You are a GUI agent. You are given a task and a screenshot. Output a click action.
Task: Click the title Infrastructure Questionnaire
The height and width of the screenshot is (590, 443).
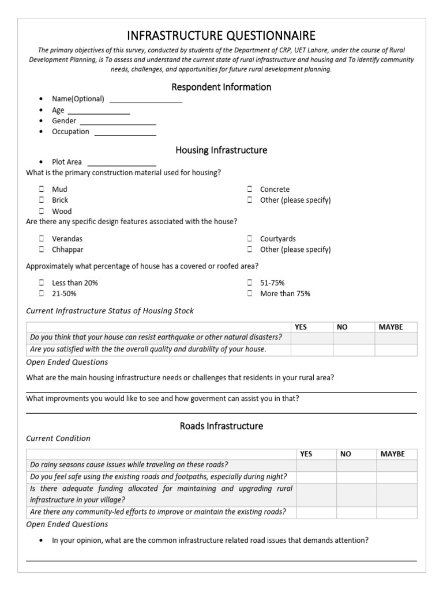click(221, 36)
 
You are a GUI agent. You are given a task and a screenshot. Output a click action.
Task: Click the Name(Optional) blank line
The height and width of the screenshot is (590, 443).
click(145, 100)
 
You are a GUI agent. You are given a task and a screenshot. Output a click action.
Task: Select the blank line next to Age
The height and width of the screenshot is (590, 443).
click(99, 111)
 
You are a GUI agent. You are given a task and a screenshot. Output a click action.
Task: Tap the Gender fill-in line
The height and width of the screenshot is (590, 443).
click(118, 122)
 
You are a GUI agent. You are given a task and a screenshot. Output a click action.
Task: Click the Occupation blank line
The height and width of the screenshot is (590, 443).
click(125, 133)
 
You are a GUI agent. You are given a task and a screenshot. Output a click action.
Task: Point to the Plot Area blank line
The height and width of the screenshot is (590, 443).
click(121, 163)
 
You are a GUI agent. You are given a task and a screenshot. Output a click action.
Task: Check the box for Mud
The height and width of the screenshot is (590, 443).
click(42, 189)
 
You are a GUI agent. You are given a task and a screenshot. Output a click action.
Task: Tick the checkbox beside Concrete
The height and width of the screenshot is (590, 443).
click(250, 189)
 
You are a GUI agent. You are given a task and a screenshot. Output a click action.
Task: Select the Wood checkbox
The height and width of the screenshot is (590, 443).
click(42, 211)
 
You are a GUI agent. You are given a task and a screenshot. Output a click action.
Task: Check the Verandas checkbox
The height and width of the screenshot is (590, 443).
click(42, 239)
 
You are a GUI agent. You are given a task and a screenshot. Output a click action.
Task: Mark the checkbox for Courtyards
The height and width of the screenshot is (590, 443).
click(250, 239)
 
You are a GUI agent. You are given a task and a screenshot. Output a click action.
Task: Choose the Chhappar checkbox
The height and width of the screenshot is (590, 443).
click(42, 249)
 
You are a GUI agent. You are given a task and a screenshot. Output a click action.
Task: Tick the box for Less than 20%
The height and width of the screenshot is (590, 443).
click(42, 283)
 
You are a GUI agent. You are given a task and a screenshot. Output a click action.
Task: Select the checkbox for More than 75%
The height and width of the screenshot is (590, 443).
click(250, 294)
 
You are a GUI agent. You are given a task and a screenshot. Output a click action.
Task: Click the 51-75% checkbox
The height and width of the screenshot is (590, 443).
click(250, 283)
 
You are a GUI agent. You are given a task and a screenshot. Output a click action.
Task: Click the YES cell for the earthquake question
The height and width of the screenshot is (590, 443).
click(311, 338)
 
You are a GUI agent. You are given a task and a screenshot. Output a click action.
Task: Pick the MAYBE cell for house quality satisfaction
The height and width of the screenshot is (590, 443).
click(396, 349)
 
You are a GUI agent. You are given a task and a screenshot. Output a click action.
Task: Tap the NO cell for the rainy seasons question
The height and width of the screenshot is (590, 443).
click(356, 465)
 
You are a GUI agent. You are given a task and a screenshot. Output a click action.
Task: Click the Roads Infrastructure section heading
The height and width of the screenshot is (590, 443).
click(221, 426)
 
